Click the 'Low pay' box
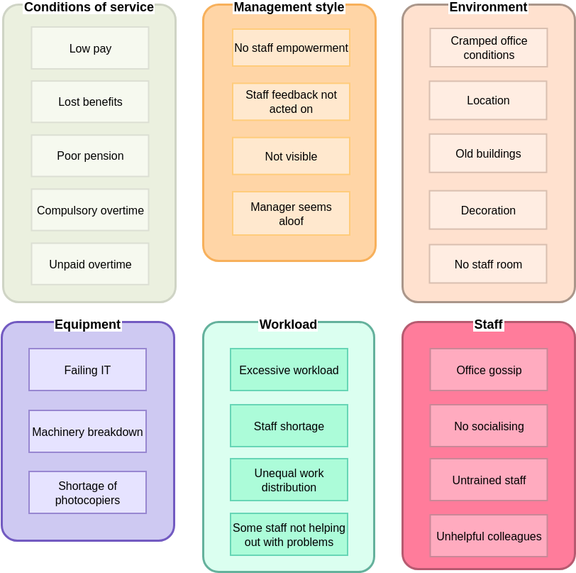point(90,48)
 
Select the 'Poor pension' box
point(90,156)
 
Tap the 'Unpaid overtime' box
point(90,264)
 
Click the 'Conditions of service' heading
point(89,7)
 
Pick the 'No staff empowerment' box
point(291,48)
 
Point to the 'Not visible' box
point(291,156)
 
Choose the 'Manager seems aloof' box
point(291,214)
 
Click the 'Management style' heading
point(289,7)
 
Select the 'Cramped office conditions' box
point(489,48)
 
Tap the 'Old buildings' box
point(488,153)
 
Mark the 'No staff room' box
point(488,264)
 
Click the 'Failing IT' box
point(87,370)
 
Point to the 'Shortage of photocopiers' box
point(87,493)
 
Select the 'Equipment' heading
point(87,324)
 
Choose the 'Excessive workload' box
point(289,370)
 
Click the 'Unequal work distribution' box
point(289,480)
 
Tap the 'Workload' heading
point(288,324)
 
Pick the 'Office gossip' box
point(489,370)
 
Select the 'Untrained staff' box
point(489,480)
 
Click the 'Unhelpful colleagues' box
point(489,536)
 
